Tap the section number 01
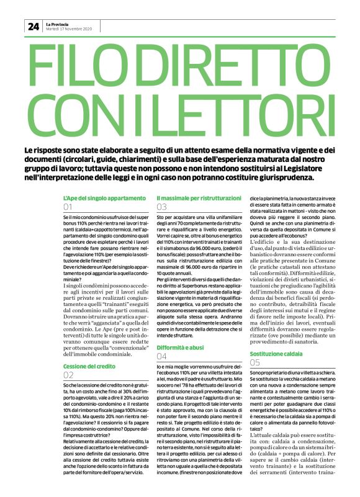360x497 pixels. pyautogui.click(x=68, y=207)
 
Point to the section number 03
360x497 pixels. pyautogui.click(x=162, y=207)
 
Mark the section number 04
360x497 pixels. pyautogui.click(x=162, y=358)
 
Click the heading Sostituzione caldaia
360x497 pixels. pyautogui.click(x=276, y=354)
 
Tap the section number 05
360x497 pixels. pyautogui.click(x=255, y=362)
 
